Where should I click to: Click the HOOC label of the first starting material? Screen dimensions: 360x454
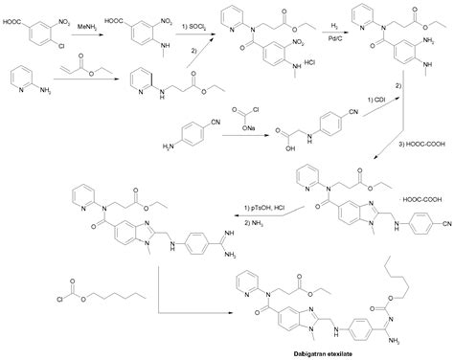(x=13, y=16)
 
